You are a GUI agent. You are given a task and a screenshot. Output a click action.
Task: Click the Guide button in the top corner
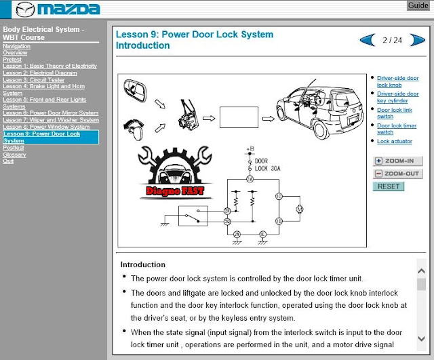pyautogui.click(x=418, y=5)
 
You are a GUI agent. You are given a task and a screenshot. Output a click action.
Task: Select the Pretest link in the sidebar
pyautogui.click(x=12, y=59)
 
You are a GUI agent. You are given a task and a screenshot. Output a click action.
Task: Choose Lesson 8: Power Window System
pyautogui.click(x=46, y=127)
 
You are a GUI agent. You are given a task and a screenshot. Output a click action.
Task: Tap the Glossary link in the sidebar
pyautogui.click(x=14, y=155)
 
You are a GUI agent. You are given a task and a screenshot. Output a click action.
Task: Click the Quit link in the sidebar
pyautogui.click(x=8, y=161)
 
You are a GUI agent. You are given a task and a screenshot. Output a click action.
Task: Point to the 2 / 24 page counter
pyautogui.click(x=392, y=40)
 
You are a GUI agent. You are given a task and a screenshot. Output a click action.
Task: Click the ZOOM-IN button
pyautogui.click(x=398, y=161)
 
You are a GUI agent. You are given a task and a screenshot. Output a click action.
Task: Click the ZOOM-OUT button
pyautogui.click(x=398, y=174)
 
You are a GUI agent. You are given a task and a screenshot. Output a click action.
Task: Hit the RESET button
pyautogui.click(x=389, y=186)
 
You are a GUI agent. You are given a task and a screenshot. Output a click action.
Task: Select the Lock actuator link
pyautogui.click(x=395, y=141)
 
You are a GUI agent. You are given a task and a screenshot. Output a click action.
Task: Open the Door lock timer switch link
pyautogui.click(x=396, y=128)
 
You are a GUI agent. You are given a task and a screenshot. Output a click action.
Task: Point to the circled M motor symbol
pyautogui.click(x=299, y=209)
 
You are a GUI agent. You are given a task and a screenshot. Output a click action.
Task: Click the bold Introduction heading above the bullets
pyautogui.click(x=142, y=264)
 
